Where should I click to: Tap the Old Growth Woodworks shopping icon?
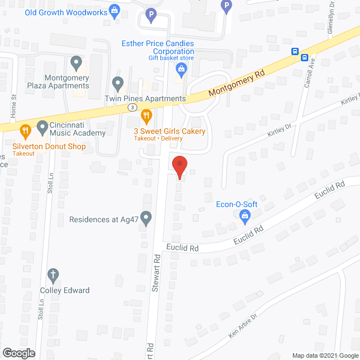(x=115, y=10)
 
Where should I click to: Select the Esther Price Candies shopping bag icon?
(x=181, y=70)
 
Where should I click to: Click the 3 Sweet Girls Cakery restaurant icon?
(x=146, y=116)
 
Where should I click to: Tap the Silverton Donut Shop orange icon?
(x=25, y=132)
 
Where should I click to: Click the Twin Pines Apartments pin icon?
(x=118, y=84)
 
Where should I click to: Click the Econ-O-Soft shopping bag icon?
(x=245, y=215)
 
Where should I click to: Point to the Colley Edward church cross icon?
(x=53, y=276)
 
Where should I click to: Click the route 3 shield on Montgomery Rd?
(x=131, y=107)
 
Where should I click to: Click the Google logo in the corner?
(x=18, y=353)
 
